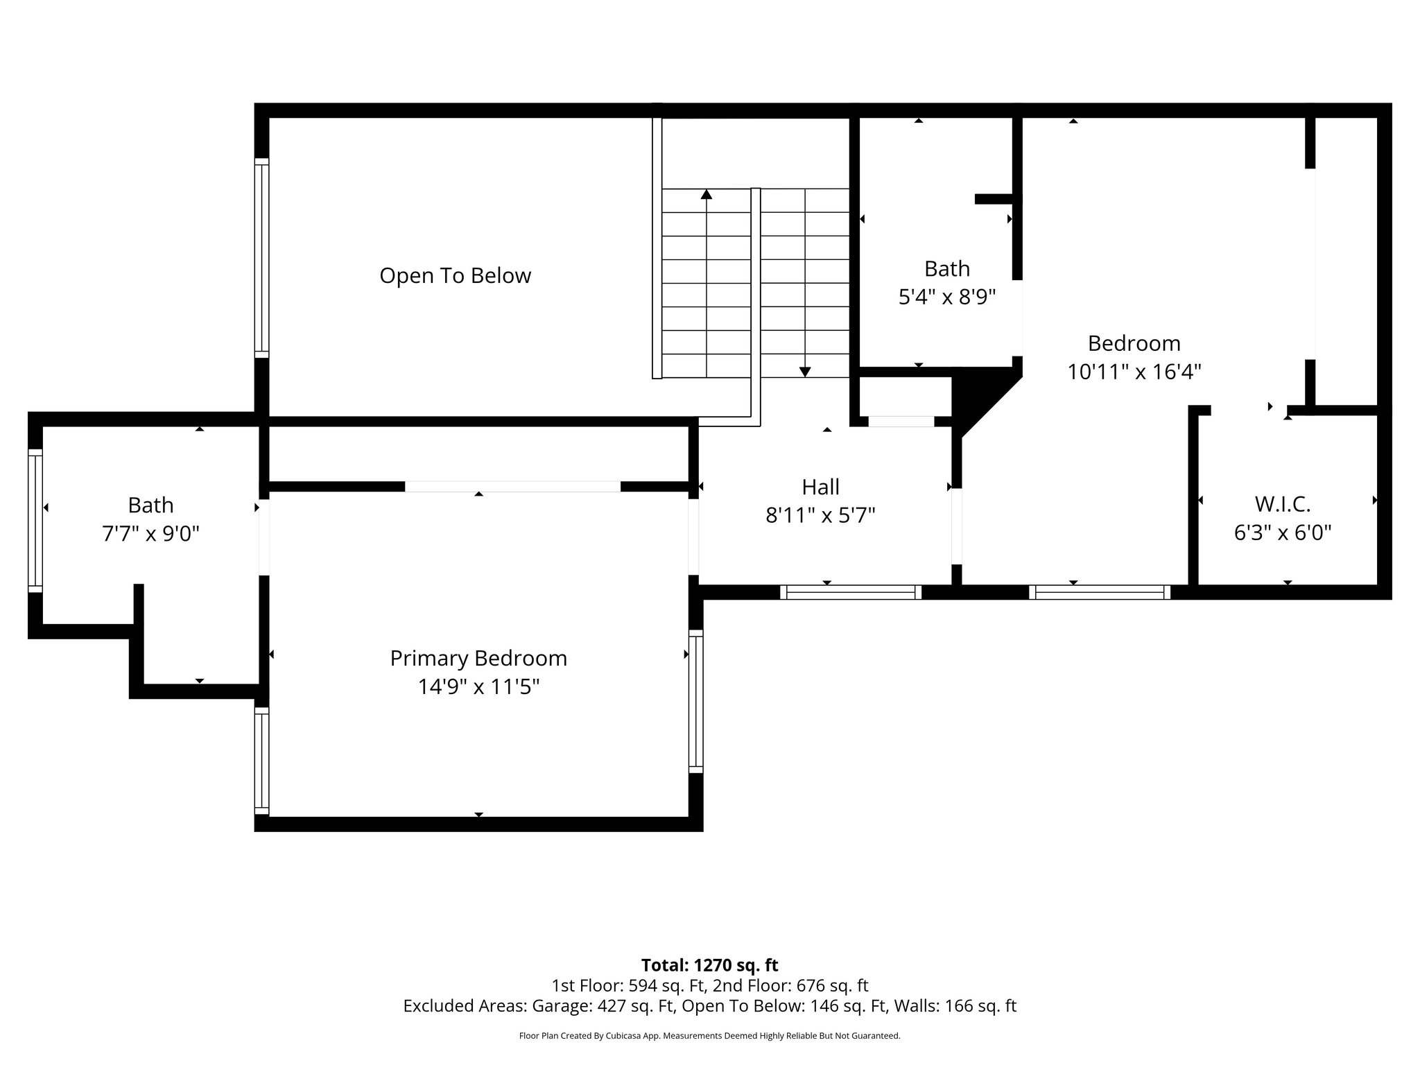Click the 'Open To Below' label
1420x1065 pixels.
coord(455,276)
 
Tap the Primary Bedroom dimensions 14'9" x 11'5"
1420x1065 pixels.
coord(478,687)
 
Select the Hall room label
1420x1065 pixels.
coord(820,487)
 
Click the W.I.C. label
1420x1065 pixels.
coord(1282,504)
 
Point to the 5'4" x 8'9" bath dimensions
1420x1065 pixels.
coord(947,297)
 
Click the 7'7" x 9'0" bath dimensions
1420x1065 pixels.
coord(150,534)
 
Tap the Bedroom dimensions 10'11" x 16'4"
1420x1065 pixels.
coord(1134,372)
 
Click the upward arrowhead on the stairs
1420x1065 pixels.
coord(707,194)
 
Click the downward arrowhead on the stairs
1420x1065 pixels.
coord(804,372)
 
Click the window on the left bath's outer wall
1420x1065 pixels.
coord(35,520)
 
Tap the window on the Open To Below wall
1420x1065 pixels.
coord(261,258)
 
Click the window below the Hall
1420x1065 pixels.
coord(850,592)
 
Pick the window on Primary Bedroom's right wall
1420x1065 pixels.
coord(695,701)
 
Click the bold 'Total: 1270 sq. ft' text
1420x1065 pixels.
coord(709,965)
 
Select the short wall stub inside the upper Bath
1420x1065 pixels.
coord(994,199)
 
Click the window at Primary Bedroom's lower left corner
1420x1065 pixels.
coord(261,761)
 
